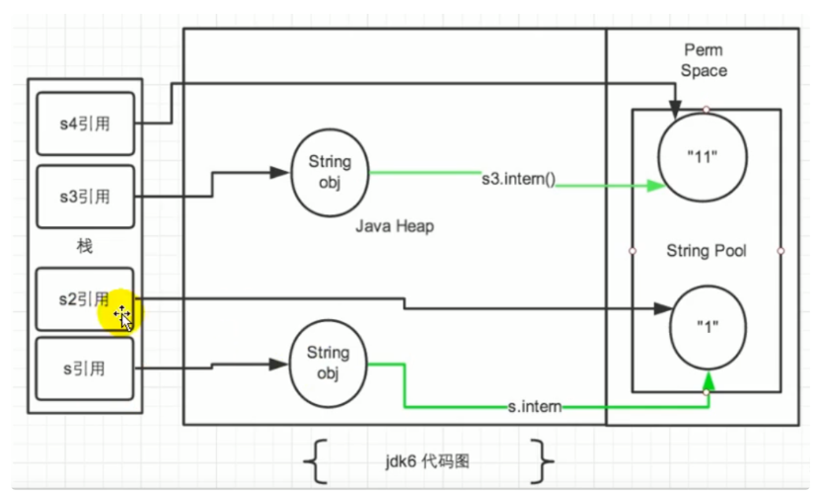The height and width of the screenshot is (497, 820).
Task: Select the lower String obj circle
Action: [x=329, y=366]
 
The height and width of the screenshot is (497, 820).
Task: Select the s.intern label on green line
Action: [x=536, y=407]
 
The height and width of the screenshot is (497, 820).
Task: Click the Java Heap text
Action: [x=395, y=227]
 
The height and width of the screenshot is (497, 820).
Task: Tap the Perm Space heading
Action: [x=704, y=60]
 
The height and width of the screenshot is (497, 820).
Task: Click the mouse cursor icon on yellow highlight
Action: [x=123, y=317]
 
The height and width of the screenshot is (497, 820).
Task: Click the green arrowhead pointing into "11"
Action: [x=653, y=185]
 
